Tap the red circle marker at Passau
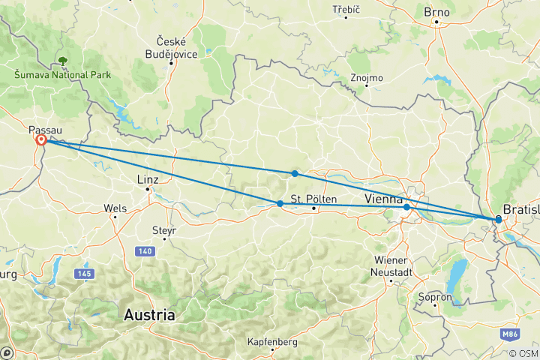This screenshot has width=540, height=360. pos(40,140)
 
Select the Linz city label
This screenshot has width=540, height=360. pos(147,179)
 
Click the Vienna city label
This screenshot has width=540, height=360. pos(384,199)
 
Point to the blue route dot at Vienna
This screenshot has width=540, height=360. pos(406,207)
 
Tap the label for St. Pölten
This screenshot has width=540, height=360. pos(311,199)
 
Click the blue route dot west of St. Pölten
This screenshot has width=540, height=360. pos(280,203)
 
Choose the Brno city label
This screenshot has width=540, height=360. pos(436,12)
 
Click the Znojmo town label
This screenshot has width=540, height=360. pos(367,78)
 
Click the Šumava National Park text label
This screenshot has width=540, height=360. pos(62,75)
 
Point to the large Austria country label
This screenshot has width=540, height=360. pos(150,315)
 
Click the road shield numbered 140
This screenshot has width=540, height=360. pos(145,250)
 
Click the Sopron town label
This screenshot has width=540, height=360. pos(437,297)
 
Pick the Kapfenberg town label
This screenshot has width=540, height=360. pos(271,342)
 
